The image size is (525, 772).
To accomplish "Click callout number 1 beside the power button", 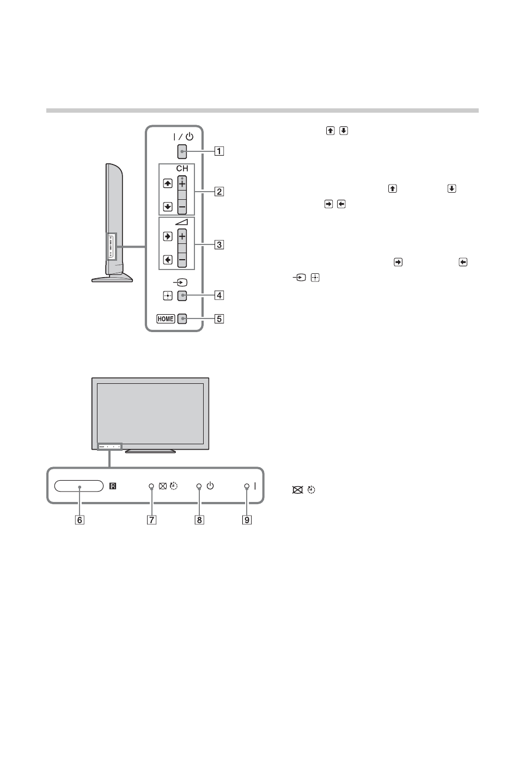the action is coord(219,151).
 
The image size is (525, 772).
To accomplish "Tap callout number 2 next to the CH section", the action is coord(219,191).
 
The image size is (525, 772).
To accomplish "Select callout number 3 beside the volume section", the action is coord(219,244).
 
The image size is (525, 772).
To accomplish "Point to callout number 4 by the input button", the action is coord(219,296).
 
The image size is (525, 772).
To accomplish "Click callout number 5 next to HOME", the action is coord(219,319).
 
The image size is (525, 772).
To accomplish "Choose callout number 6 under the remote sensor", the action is coord(80,520).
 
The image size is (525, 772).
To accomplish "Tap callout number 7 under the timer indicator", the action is coord(151,520).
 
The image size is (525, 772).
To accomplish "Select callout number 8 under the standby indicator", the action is coord(199,520).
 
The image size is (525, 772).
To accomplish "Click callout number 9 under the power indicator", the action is coord(247,520).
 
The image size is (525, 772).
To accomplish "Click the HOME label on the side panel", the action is coord(166,319).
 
